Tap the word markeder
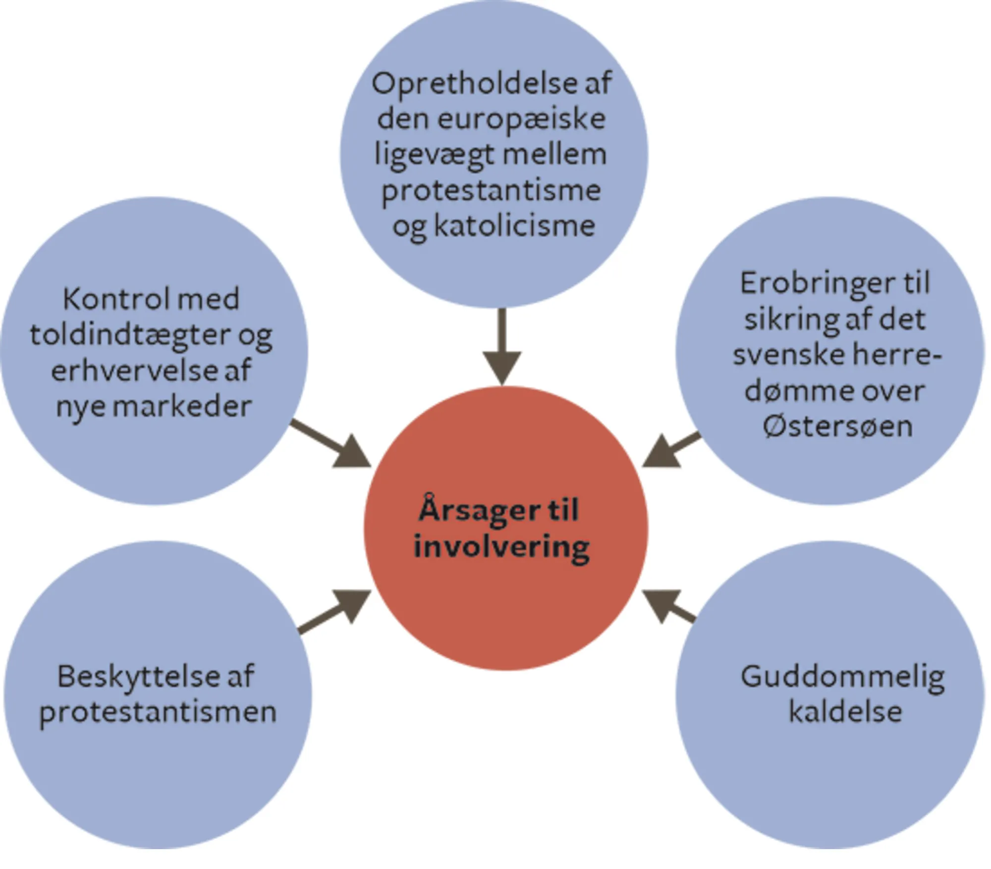click(182, 407)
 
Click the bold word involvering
click(501, 547)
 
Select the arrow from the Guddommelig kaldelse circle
click(669, 607)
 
